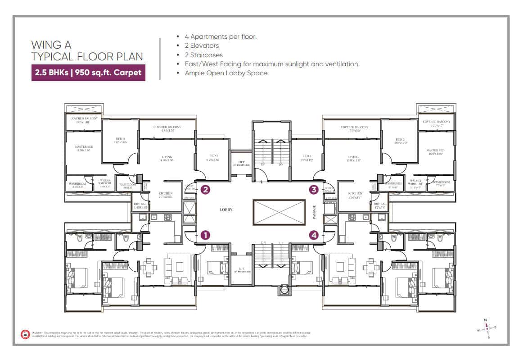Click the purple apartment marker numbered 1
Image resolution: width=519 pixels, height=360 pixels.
pos(205,235)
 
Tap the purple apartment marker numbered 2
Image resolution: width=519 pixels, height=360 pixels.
pos(205,190)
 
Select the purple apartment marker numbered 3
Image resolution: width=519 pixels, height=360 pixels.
pos(313,190)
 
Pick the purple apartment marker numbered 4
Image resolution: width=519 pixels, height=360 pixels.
pos(313,235)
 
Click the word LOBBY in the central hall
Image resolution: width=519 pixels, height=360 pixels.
pos(226,210)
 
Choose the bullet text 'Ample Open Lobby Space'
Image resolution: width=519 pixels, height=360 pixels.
pos(226,73)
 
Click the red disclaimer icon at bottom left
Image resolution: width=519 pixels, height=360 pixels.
pos(25,334)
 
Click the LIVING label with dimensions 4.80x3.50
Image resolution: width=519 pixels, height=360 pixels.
pos(167,159)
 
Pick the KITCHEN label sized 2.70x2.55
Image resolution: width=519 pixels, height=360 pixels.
pos(166,195)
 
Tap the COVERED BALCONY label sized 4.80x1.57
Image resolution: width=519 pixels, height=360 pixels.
pos(167,129)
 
